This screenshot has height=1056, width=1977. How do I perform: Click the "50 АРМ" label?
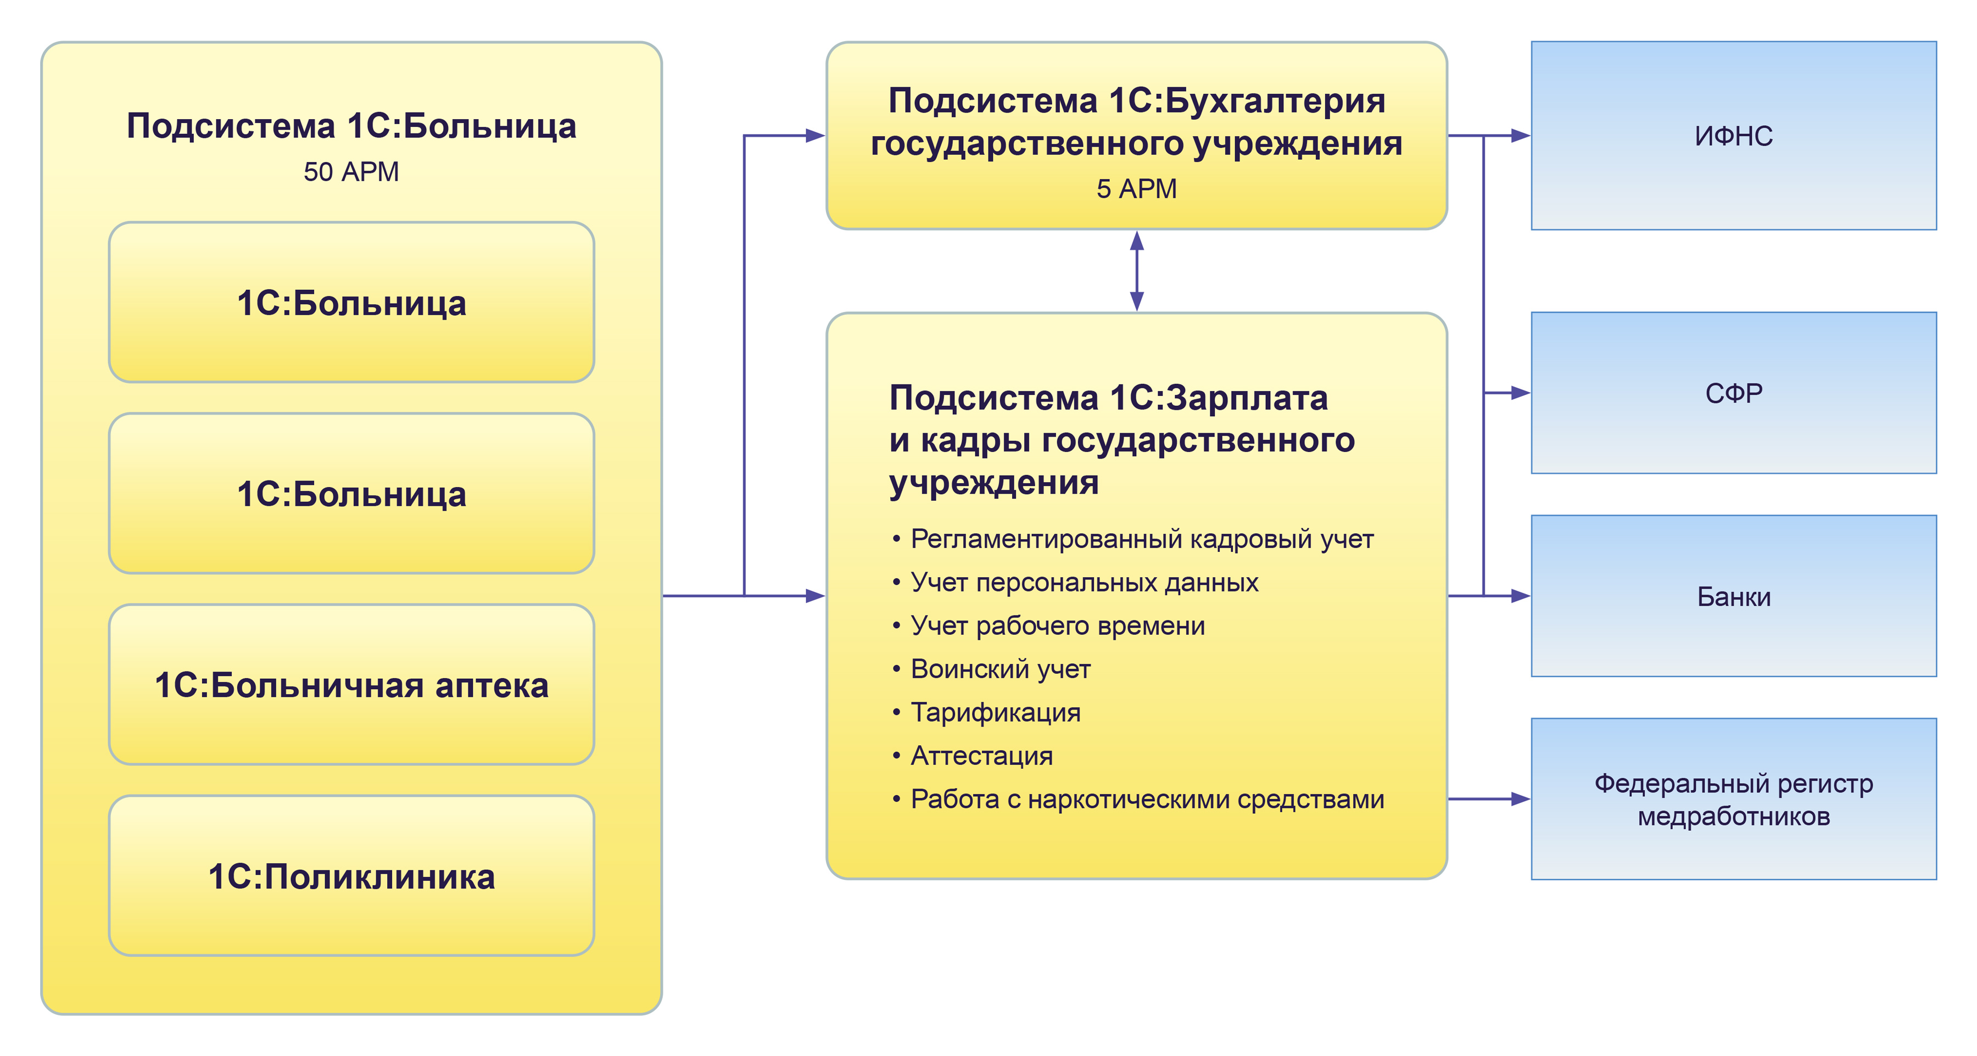(x=351, y=172)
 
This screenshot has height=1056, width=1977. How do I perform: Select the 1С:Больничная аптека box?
(x=351, y=685)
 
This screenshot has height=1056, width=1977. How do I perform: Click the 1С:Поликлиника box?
(x=351, y=876)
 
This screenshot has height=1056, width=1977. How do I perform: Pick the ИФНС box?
(x=1733, y=136)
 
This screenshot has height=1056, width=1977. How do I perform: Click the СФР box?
(x=1733, y=393)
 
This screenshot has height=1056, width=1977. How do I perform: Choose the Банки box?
(x=1733, y=596)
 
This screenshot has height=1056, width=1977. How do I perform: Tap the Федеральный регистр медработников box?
(x=1733, y=799)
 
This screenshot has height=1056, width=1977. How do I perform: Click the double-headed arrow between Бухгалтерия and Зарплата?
(x=1137, y=271)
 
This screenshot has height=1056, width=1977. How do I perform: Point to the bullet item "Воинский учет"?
(x=1000, y=669)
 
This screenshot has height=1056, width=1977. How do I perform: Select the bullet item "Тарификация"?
(x=996, y=713)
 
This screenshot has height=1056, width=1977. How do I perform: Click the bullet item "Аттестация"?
(x=981, y=756)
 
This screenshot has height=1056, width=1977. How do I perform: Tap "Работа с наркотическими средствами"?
(x=1147, y=800)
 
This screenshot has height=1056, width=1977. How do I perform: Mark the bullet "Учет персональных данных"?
(x=1084, y=583)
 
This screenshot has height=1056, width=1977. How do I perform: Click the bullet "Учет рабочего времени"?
(x=1057, y=626)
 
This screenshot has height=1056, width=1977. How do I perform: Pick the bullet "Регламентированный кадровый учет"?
(x=1141, y=539)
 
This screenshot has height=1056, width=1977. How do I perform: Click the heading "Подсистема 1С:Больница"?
(x=351, y=126)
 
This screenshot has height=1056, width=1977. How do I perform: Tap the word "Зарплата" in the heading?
(x=1247, y=398)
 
